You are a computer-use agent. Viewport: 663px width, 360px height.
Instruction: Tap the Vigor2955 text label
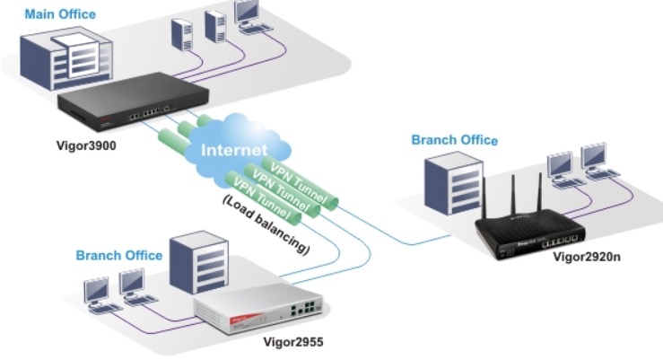(292, 342)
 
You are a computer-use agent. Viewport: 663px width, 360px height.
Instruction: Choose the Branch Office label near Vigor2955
(119, 255)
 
